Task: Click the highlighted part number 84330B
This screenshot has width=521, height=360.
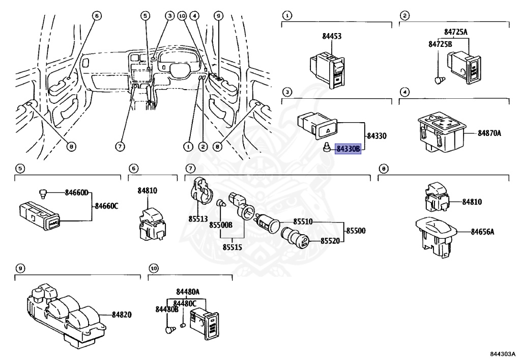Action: [x=348, y=149]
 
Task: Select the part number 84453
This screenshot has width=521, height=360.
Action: [x=332, y=36]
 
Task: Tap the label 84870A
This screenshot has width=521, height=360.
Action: [x=489, y=133]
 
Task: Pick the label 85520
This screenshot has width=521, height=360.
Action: [x=331, y=241]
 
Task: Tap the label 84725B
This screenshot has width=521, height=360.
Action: [x=439, y=44]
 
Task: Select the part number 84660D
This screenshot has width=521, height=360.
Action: [x=76, y=192]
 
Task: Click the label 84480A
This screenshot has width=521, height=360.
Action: [x=188, y=292]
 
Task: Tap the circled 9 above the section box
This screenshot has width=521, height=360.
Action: [x=20, y=268]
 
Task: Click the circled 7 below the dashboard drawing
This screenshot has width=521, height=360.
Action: [x=120, y=147]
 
